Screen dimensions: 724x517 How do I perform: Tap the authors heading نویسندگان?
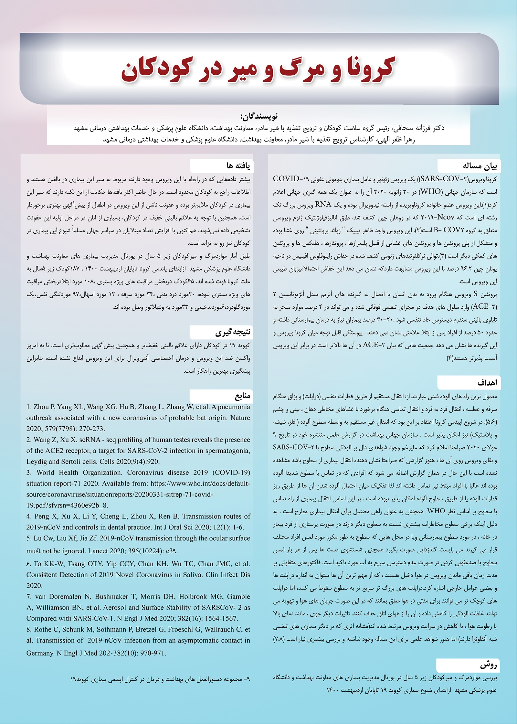[x=259, y=116]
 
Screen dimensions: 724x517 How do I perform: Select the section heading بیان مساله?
[x=480, y=166]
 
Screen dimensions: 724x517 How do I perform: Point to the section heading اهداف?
[x=487, y=383]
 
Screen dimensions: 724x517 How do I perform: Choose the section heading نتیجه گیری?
[x=233, y=332]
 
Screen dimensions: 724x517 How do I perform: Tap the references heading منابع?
[x=242, y=396]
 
